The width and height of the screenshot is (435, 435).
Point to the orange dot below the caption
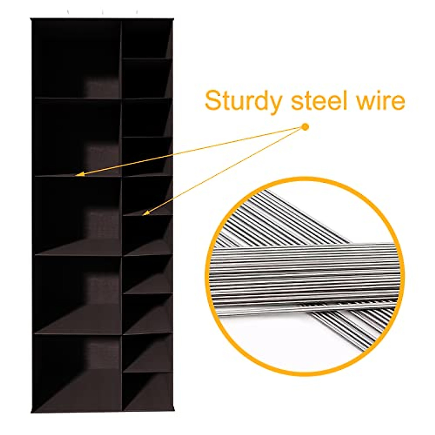click(305, 127)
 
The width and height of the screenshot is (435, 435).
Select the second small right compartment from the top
click(146, 78)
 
